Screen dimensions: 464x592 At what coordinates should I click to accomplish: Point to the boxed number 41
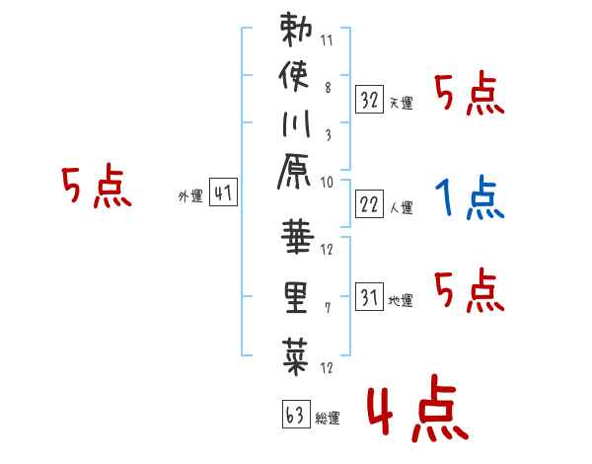pyautogui.click(x=223, y=193)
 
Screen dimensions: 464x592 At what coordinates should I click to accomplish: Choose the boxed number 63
pyautogui.click(x=294, y=414)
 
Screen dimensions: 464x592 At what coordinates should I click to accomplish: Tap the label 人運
pyautogui.click(x=401, y=208)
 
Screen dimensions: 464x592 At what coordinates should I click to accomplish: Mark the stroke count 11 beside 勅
pyautogui.click(x=328, y=42)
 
